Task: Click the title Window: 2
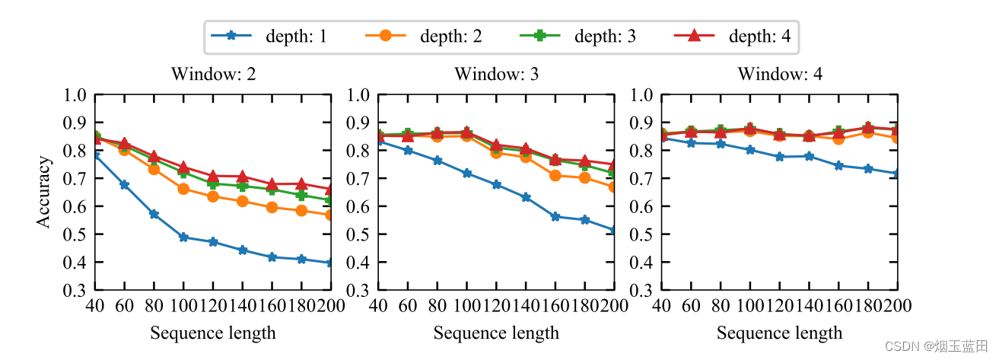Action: pos(213,75)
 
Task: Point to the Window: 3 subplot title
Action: pos(496,75)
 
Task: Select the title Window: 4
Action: pos(779,75)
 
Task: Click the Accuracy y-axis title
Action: pos(45,192)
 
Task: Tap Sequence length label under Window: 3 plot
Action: pos(496,333)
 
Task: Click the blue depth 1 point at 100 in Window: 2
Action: pos(183,237)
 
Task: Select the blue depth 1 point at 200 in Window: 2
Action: pos(331,263)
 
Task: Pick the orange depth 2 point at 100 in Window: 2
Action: pos(183,189)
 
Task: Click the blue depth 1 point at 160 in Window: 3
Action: pos(555,217)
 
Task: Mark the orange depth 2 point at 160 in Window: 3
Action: pos(555,175)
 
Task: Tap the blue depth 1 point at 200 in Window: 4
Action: pos(897,174)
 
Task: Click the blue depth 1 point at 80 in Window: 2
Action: pos(154,215)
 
